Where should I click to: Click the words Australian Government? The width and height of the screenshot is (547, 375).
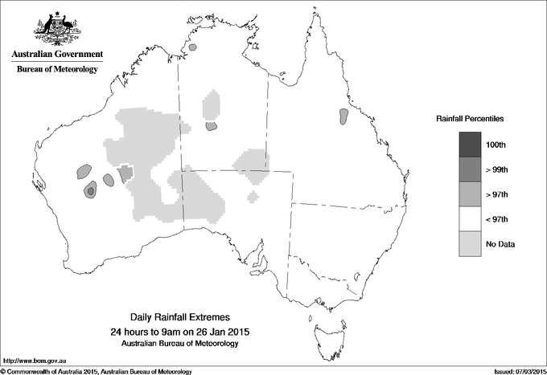coord(56,55)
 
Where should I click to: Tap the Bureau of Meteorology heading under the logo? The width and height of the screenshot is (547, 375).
coord(56,70)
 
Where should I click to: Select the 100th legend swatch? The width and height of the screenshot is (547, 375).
coord(470,145)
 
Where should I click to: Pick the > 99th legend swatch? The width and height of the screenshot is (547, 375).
coord(470,169)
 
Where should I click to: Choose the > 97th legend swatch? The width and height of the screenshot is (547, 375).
coord(470,194)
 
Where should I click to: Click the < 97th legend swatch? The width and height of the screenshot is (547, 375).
coord(470,219)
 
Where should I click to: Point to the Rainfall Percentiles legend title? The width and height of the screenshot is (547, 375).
coord(470,118)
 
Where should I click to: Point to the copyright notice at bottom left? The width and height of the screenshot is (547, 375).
coord(97,370)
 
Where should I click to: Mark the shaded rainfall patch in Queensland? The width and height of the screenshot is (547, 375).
coord(344,117)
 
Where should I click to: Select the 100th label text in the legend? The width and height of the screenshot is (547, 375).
coord(496,145)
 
